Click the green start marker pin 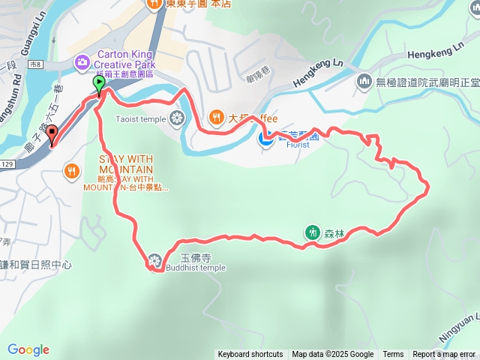coord(98,82)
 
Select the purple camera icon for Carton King coord(81,62)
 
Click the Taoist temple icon coord(177,118)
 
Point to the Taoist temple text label coord(140,118)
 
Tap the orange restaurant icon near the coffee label coord(216,116)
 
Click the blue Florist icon coord(265,138)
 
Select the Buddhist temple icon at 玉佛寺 coord(155,259)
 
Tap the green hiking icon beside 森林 coord(312,232)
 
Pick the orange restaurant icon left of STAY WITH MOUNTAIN coord(72,169)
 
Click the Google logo coord(28,349)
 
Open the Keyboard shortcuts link coord(250,355)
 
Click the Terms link coord(393,355)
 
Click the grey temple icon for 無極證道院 coord(364,79)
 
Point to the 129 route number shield coord(7,163)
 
